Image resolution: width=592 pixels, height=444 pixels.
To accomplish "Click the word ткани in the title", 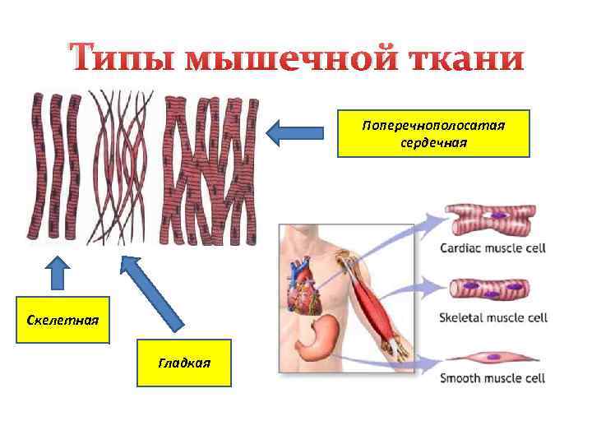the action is [465, 59].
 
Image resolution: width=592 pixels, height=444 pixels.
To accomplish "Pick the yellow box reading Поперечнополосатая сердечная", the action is [434, 132].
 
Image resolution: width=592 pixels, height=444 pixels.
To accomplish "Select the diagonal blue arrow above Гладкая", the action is [156, 296].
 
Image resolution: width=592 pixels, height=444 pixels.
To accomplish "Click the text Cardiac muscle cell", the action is [493, 247].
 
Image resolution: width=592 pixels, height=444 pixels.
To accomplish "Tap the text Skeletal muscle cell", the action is [493, 317].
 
